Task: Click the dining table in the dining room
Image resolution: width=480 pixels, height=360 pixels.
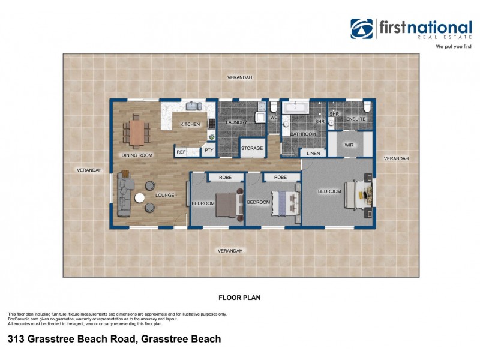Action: tap(137, 132)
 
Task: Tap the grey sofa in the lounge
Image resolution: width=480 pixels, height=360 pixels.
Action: tap(125, 196)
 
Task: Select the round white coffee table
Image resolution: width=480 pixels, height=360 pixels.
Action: tap(140, 198)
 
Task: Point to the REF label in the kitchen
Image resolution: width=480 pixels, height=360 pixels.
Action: tap(181, 152)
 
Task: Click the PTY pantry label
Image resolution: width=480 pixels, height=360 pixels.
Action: tap(208, 151)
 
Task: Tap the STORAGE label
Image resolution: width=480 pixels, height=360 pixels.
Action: tap(251, 148)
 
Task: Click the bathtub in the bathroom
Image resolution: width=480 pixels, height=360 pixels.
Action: tap(295, 108)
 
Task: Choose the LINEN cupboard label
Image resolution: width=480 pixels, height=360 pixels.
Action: tap(313, 154)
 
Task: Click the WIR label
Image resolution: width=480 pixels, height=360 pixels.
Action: tap(349, 145)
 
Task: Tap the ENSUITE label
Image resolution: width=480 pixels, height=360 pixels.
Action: tap(356, 119)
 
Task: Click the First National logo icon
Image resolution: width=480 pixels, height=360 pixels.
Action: tap(362, 28)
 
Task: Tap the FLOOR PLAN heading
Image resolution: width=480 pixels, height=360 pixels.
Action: tap(239, 296)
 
